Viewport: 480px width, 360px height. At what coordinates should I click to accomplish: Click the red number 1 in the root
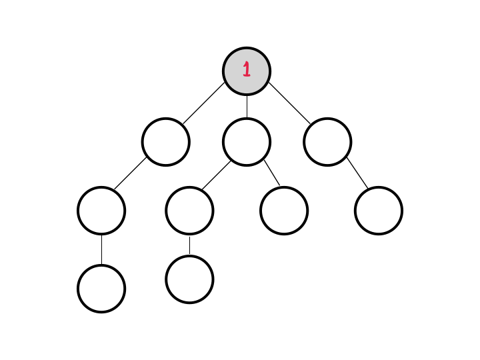click(x=246, y=69)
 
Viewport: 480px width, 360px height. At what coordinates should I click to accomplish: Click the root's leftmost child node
click(x=165, y=141)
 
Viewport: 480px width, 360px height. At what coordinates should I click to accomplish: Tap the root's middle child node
click(x=247, y=141)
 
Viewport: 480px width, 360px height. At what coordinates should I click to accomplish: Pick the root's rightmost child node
click(x=327, y=141)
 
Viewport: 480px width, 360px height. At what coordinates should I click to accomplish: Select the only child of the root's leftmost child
click(x=101, y=211)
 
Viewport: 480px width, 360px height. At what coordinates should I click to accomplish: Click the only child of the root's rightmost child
click(x=379, y=211)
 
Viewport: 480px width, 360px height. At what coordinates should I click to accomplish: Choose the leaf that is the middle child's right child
click(x=284, y=211)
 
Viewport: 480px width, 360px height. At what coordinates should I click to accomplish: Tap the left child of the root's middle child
click(x=189, y=211)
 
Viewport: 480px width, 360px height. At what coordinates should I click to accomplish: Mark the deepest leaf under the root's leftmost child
click(x=101, y=288)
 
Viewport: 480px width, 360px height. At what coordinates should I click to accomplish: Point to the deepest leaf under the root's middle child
click(x=189, y=279)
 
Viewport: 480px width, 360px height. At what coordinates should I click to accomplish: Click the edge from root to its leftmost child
click(x=204, y=104)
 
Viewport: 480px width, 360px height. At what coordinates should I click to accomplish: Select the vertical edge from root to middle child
click(x=247, y=106)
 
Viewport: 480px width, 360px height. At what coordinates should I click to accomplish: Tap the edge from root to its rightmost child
click(x=289, y=104)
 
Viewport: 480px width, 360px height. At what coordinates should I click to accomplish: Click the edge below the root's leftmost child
click(x=131, y=174)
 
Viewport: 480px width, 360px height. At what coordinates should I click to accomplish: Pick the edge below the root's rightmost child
click(x=357, y=173)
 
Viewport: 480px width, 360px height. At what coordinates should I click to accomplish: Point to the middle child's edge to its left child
click(x=216, y=175)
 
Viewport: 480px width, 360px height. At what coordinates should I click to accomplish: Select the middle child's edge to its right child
click(x=272, y=173)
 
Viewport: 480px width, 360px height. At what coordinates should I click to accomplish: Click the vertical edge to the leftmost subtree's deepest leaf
click(x=101, y=249)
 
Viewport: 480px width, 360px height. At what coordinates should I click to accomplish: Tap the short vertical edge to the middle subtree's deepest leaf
click(x=189, y=245)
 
